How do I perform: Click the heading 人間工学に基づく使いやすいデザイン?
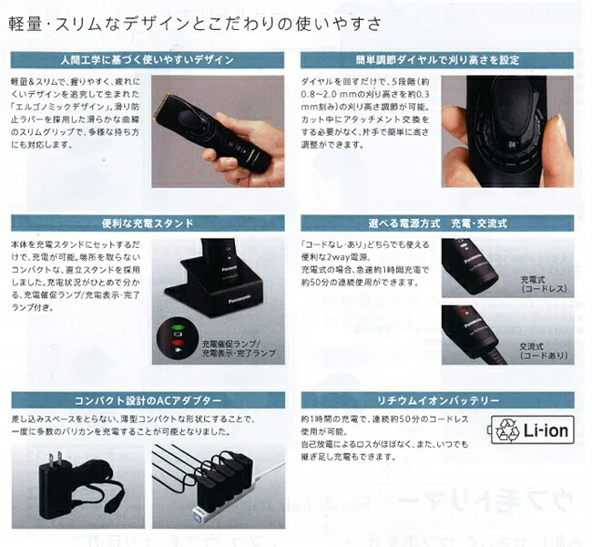(x=149, y=60)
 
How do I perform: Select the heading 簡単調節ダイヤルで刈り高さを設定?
(x=437, y=60)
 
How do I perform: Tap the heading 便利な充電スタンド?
(x=149, y=222)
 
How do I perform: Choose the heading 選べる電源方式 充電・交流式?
(x=437, y=222)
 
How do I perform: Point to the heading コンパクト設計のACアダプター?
(x=149, y=401)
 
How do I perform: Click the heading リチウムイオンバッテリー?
(x=437, y=401)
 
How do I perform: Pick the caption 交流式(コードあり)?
(x=544, y=350)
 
